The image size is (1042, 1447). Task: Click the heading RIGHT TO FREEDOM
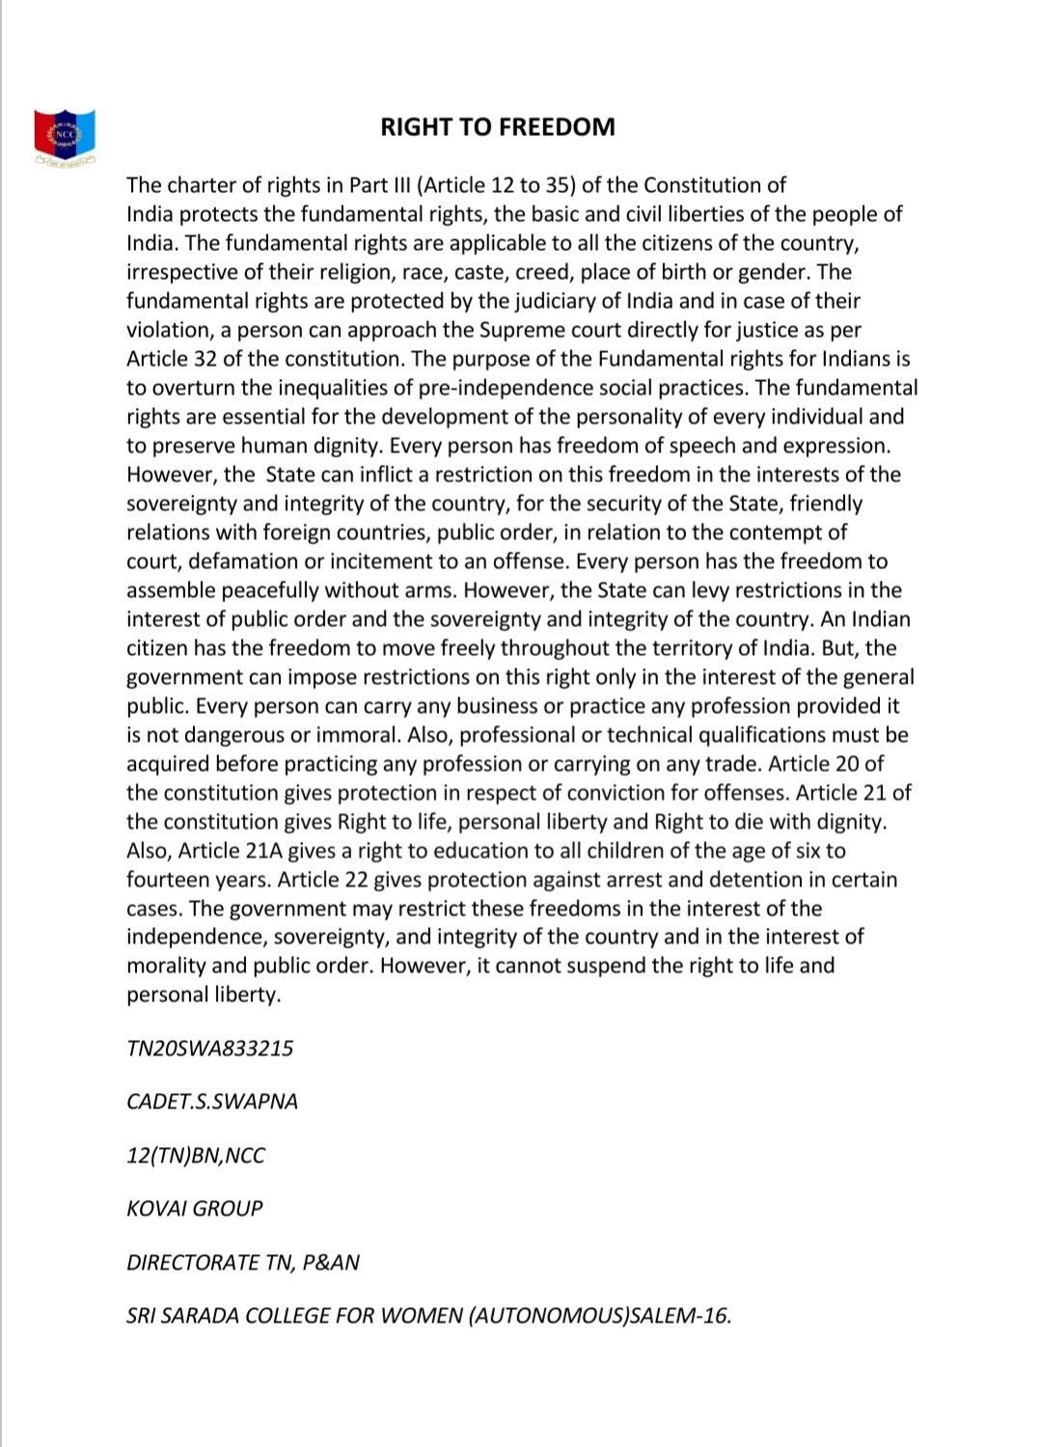tap(497, 127)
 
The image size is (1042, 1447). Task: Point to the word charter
tap(204, 185)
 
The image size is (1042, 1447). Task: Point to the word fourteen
tap(167, 880)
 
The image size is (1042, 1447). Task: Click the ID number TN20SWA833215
tap(209, 1049)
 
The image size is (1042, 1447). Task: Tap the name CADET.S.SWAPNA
tap(212, 1102)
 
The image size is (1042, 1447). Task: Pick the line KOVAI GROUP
tap(194, 1209)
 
